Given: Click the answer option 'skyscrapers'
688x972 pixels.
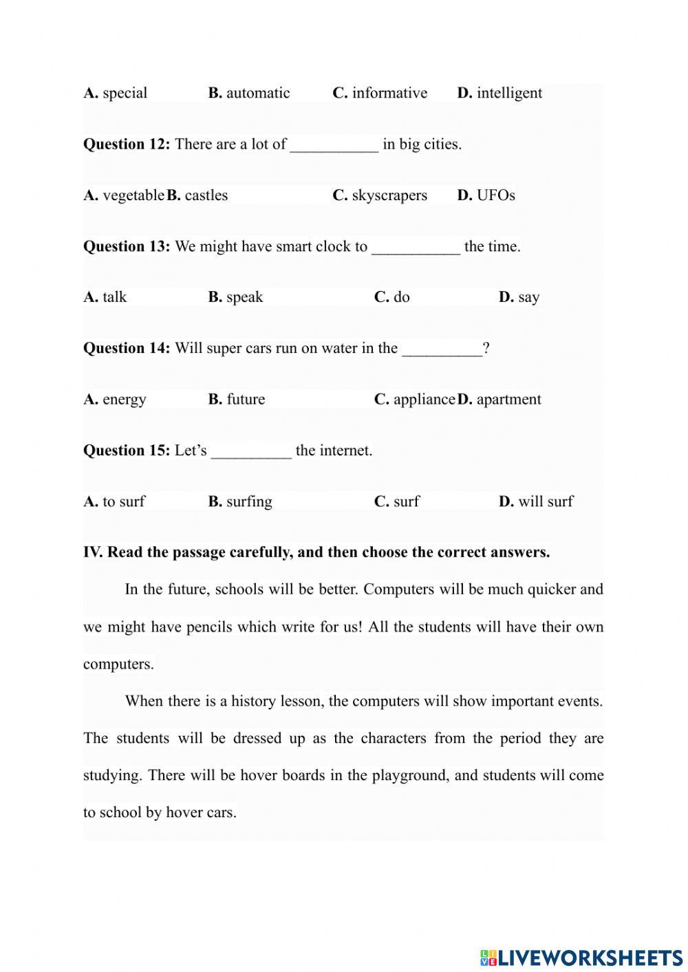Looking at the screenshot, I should coord(389,195).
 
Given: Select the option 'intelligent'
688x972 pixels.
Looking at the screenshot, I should coord(508,93).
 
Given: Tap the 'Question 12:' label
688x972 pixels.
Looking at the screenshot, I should coord(127,144).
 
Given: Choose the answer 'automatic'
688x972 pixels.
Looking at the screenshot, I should coord(257,93).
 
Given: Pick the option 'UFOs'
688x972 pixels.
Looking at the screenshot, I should coord(495,195).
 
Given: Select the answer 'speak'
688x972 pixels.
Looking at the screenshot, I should coord(244,297).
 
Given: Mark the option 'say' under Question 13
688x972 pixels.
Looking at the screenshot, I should coord(528,297).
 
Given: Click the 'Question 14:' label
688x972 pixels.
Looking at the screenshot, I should coord(127,348).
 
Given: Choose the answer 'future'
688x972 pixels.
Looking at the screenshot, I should coord(245,399).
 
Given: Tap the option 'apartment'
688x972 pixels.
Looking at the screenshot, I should coord(508,399).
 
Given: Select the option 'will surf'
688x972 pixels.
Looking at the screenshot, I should coord(545,501).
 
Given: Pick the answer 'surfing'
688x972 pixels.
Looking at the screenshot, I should coord(248,501).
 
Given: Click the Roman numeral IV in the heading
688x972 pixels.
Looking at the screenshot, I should coord(92,552).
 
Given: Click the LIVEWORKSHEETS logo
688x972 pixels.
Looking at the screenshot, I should coord(581,957).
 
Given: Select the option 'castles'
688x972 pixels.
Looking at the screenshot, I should coord(206,195).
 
